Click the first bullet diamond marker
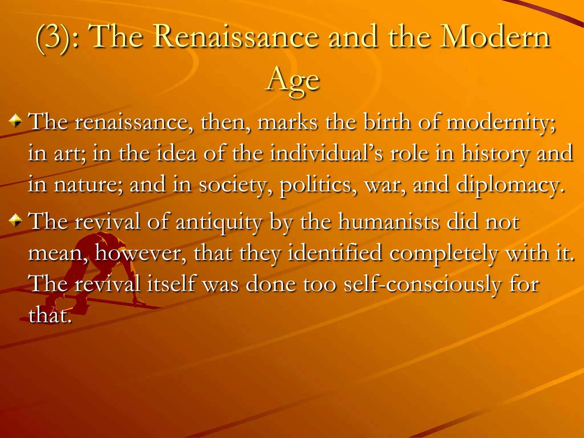pos(15,121)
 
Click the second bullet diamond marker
pos(15,221)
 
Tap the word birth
pos(387,122)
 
